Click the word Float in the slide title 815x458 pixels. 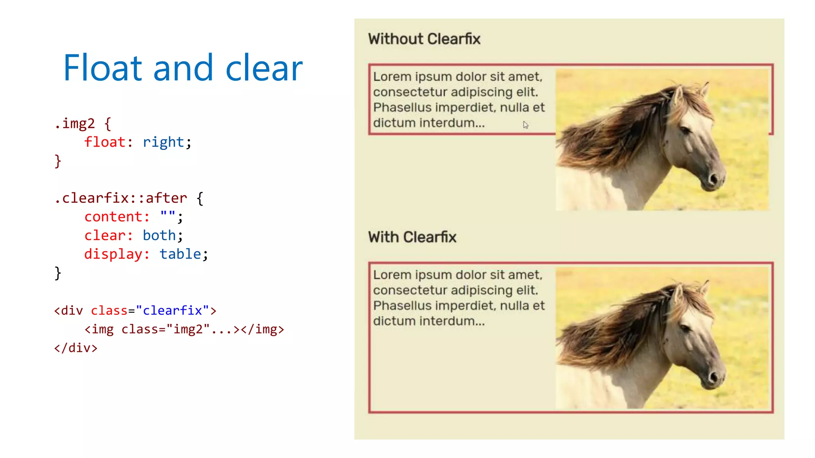102,68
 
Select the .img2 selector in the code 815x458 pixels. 75,124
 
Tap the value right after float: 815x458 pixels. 163,142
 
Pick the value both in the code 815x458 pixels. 159,235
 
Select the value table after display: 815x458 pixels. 180,254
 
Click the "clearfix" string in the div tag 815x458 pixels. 172,311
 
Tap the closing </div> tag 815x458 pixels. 76,348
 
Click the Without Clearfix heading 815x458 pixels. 424,39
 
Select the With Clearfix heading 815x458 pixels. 412,237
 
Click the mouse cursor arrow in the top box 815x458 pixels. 525,125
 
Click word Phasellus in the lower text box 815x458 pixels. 402,306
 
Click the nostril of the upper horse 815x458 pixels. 713,178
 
